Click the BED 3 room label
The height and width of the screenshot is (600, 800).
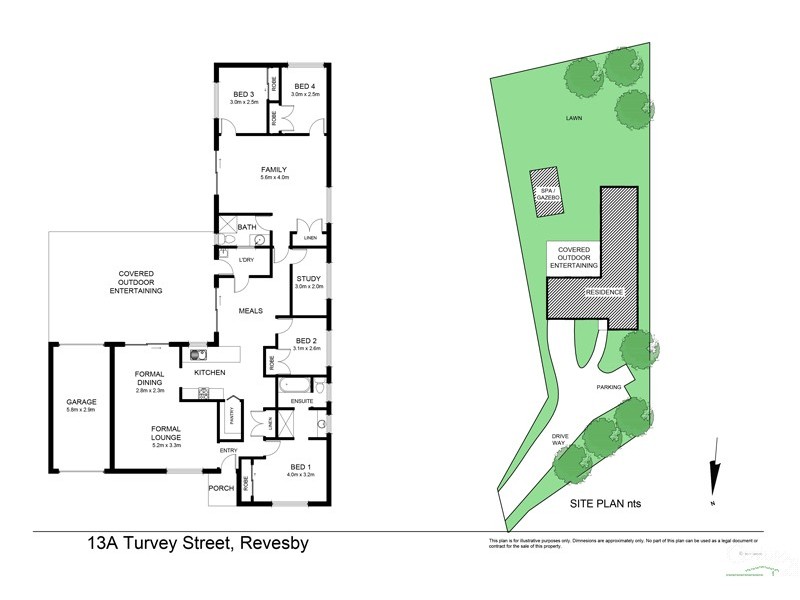coord(244,96)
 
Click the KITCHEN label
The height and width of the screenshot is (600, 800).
coord(210,373)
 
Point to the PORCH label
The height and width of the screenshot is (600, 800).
coord(220,488)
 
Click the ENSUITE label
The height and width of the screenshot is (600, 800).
coord(302,401)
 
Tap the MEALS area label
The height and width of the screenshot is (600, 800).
coord(250,311)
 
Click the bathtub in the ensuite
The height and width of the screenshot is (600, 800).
coord(297,385)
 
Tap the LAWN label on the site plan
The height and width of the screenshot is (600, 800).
coord(573,118)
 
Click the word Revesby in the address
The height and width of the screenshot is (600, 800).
coord(272,546)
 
